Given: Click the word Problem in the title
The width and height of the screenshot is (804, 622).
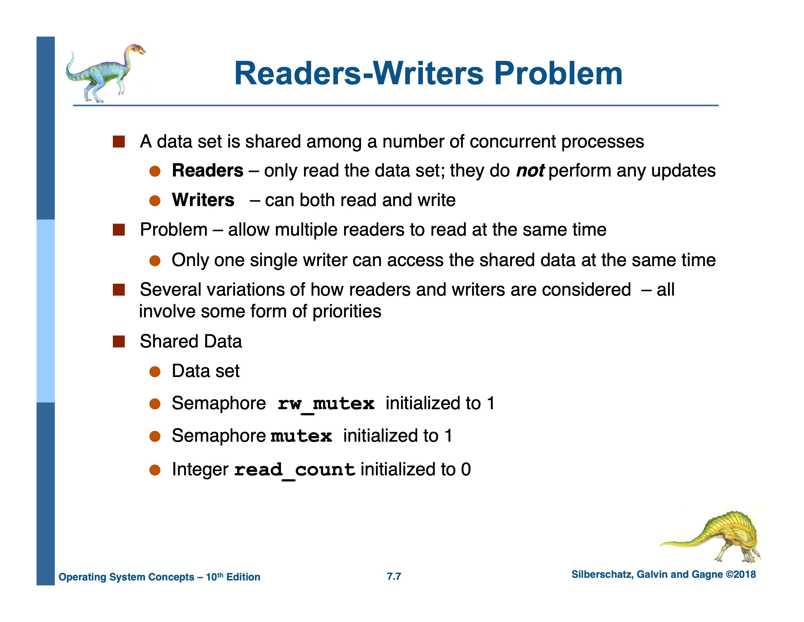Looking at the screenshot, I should coord(558,74).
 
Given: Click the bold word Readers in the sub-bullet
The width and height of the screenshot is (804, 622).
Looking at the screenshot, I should coord(208,171).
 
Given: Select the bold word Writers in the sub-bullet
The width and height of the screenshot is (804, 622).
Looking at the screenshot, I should coord(203,200).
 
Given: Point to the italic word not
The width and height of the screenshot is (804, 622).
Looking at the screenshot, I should coord(530,171).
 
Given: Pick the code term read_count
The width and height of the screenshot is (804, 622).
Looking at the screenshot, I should coord(294,470).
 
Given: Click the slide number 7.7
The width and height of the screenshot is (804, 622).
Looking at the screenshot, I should coord(394,576).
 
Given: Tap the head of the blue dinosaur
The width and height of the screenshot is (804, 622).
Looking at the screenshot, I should coord(135,50).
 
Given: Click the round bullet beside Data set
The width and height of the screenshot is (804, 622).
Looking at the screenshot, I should coord(155,371).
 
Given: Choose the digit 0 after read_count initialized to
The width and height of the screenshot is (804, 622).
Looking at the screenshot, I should coord(466,470).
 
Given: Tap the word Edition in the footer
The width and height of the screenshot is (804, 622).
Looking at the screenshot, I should coord(243,577).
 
